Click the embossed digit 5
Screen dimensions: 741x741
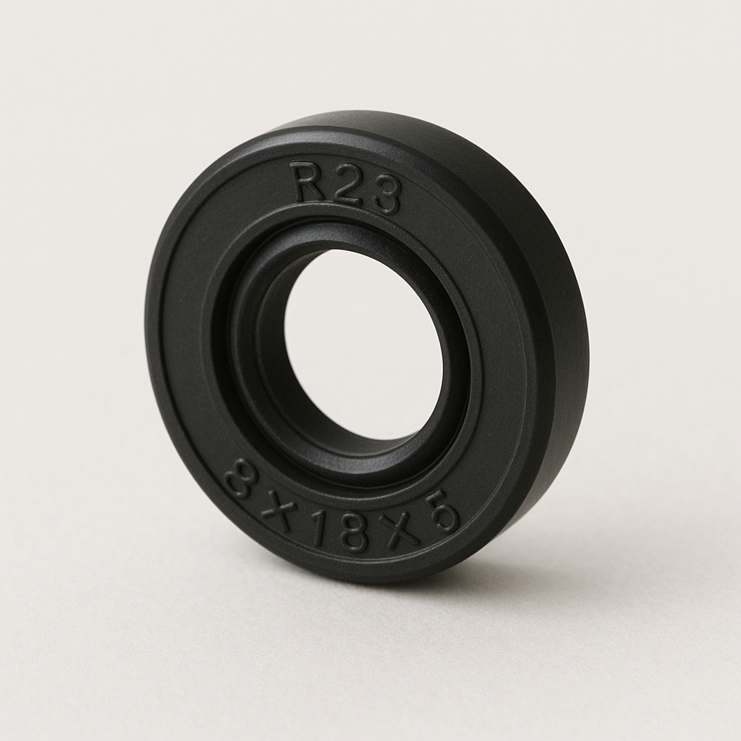[442, 511]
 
